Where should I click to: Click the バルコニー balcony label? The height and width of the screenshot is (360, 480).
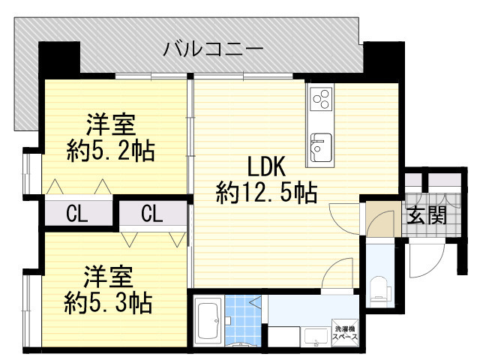click(213, 50)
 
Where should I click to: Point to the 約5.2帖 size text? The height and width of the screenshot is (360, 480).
click(109, 151)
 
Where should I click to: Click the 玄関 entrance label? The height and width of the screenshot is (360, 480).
click(427, 217)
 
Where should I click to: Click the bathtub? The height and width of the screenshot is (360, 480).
click(208, 321)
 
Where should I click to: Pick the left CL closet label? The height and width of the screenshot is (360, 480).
click(77, 214)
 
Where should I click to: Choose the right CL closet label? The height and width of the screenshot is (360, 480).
click(152, 214)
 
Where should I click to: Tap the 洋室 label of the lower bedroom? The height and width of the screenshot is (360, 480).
click(108, 275)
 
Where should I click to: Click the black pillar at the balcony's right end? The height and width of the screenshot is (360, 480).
click(379, 57)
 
